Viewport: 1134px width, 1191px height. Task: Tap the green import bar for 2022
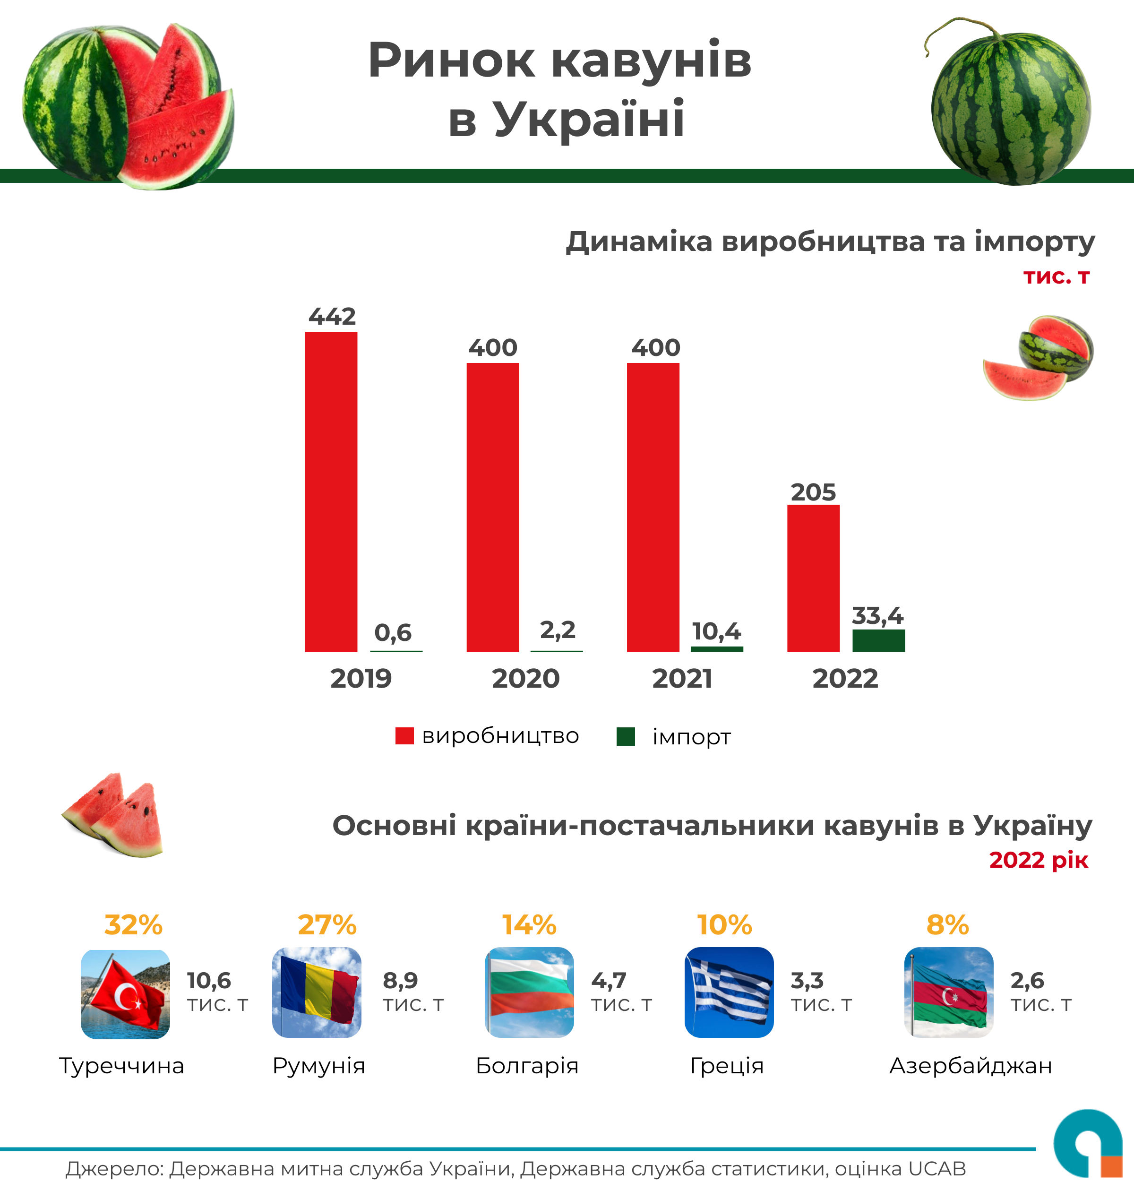coord(878,640)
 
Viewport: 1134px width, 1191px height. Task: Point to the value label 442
coord(332,316)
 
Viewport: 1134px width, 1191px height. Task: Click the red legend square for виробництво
coord(404,736)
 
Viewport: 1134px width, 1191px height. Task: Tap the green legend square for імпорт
coord(625,736)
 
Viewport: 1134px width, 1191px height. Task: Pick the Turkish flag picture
coord(125,994)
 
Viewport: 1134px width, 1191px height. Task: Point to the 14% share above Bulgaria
coord(529,925)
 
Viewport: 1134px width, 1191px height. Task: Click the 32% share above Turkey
coord(133,925)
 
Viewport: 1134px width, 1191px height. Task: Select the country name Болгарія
coord(527,1065)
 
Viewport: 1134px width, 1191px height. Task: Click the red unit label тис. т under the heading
coord(1056,276)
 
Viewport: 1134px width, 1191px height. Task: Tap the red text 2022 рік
coord(1038,860)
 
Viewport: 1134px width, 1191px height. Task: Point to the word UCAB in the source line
coord(937,1169)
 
